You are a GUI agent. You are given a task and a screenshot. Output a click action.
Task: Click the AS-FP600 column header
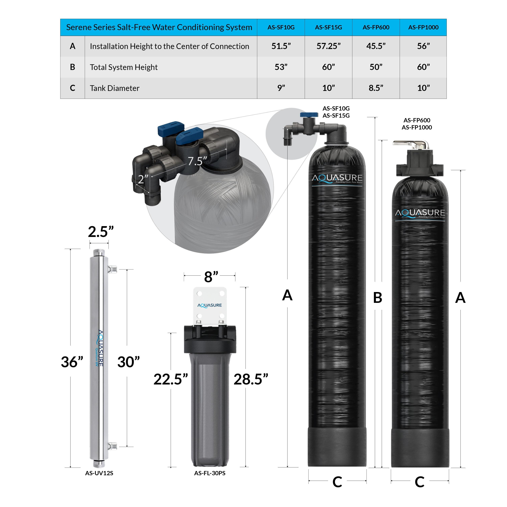(x=376, y=27)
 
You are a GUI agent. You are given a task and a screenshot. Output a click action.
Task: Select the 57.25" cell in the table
(x=328, y=46)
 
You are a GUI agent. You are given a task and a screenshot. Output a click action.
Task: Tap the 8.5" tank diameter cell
(x=376, y=88)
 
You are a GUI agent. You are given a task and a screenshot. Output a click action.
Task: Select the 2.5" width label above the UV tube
(x=101, y=232)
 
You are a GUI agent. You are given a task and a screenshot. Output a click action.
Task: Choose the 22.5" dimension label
(x=171, y=379)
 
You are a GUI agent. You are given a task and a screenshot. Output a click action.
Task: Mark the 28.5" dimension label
(x=251, y=379)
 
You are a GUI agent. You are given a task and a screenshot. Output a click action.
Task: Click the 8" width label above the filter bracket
(x=211, y=277)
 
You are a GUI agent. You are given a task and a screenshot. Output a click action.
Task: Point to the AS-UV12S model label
(x=99, y=473)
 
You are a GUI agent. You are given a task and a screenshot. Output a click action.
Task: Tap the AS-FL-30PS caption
(x=210, y=473)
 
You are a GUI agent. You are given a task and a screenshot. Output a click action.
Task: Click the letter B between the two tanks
(x=377, y=298)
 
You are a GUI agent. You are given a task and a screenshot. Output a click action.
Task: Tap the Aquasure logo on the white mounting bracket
(x=209, y=305)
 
